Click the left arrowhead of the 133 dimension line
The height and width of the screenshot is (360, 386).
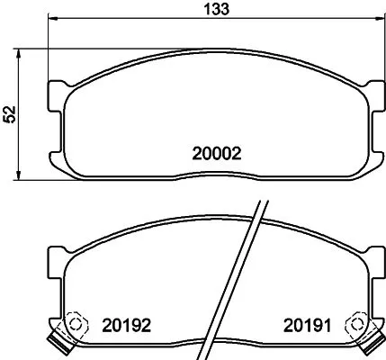point(52,19)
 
